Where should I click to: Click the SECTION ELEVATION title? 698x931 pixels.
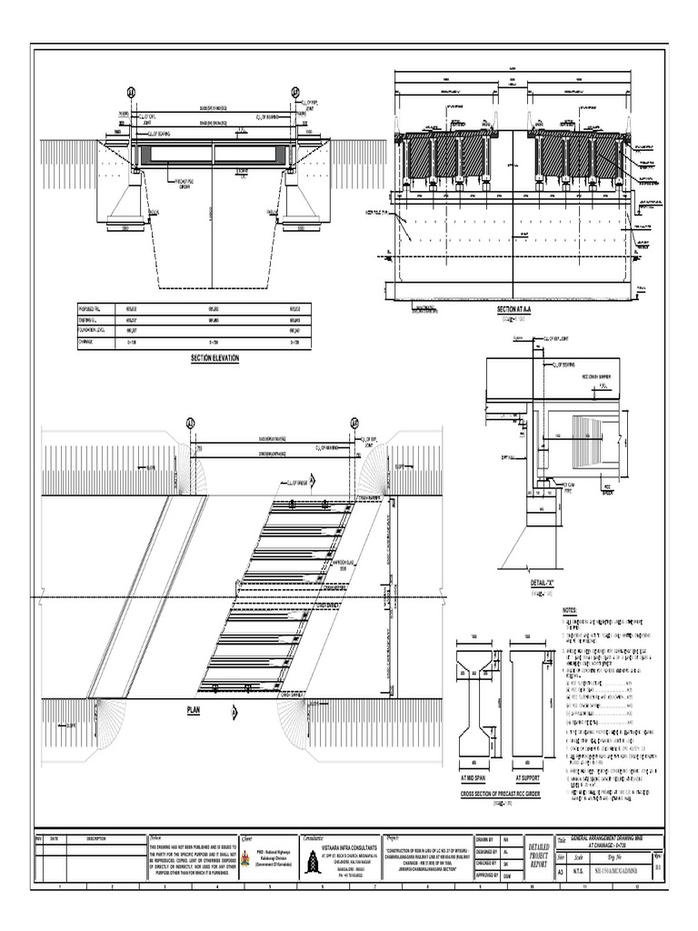click(x=214, y=359)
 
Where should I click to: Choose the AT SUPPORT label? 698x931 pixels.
click(x=528, y=778)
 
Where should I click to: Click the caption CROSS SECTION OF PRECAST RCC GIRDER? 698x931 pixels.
click(x=500, y=794)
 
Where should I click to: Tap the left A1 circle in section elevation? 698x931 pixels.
click(x=130, y=92)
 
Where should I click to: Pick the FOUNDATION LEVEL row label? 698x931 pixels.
click(x=94, y=333)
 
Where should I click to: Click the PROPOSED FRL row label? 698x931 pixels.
click(x=92, y=310)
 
